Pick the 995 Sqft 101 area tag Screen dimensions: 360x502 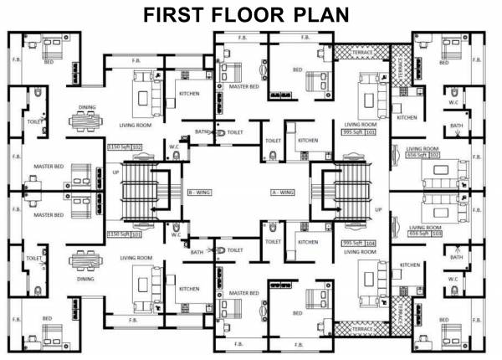pos(360,131)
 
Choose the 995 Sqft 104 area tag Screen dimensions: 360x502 pos(360,242)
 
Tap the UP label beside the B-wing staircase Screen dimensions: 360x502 pos(116,172)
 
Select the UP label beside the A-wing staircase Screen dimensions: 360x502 pos(378,209)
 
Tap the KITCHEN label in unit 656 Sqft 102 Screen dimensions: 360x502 pos(407,118)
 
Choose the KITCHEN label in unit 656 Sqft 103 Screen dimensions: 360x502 pos(410,265)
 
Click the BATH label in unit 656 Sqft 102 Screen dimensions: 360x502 pos(456,126)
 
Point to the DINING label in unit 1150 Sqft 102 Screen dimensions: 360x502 pos(87,107)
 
